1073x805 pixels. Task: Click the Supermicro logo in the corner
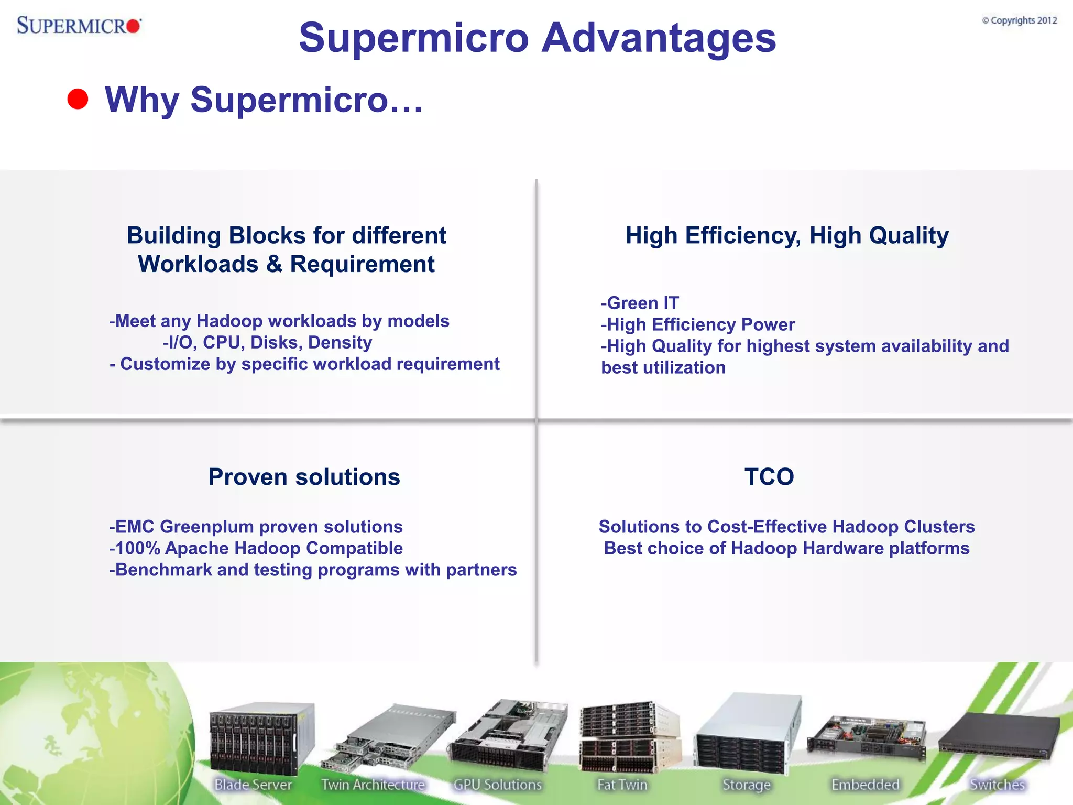[x=79, y=25]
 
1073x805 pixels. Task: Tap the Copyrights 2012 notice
[x=1019, y=20]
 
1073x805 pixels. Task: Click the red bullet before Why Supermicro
[x=78, y=99]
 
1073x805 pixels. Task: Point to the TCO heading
[x=769, y=477]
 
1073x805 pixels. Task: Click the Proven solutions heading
[x=304, y=477]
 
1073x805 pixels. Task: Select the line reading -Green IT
[x=640, y=303]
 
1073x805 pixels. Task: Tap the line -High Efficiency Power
[x=697, y=324]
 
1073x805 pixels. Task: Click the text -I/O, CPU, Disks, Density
[x=267, y=342]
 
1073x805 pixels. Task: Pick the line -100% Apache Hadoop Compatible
[x=256, y=548]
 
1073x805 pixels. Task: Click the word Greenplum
[x=207, y=527]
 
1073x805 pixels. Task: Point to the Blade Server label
[x=253, y=785]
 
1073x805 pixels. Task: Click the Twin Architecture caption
[x=373, y=785]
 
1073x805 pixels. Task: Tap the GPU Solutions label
[x=497, y=785]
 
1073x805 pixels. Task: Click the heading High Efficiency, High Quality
[x=787, y=235]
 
